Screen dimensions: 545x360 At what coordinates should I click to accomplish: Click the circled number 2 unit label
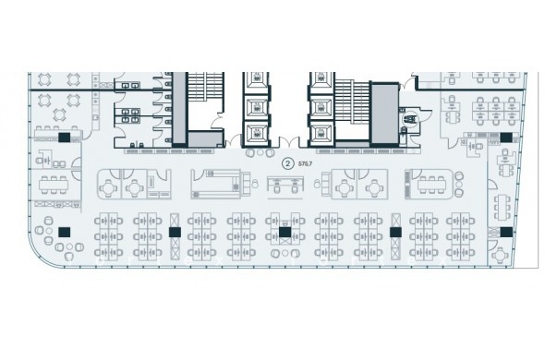coord(287,163)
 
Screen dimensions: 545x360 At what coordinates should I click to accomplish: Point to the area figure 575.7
coord(305,163)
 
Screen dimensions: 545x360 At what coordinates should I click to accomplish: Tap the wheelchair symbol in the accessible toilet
coord(409,119)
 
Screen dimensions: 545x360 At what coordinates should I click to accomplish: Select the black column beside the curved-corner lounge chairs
coord(64,232)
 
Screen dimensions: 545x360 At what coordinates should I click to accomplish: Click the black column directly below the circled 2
coord(285,232)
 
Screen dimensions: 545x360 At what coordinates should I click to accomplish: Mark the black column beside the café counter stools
coord(65,138)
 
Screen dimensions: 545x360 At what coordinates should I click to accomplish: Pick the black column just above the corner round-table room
coord(506,232)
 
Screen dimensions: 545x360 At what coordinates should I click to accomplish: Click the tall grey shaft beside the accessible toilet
coord(384,114)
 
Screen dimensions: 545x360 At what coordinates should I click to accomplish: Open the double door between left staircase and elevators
coord(234,142)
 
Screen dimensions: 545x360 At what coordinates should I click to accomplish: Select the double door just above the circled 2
coord(289,142)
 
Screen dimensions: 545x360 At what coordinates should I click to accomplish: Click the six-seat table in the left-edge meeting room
coord(54,186)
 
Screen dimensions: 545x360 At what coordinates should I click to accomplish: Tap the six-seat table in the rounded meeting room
coord(431,185)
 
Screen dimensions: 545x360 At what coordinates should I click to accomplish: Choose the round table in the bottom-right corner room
coord(500,256)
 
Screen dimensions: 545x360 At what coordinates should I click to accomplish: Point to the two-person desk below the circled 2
coord(285,185)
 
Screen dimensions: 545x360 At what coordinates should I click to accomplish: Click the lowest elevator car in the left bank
coord(257,133)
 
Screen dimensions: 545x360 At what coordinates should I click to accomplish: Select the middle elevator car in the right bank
coord(321,108)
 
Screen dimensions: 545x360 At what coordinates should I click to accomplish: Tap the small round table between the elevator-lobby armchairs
coord(260,153)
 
